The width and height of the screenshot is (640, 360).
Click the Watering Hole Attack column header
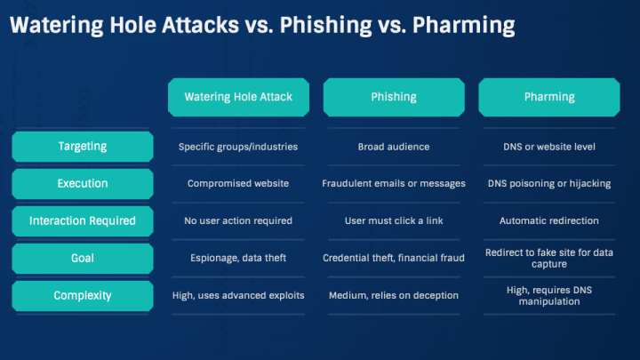(238, 97)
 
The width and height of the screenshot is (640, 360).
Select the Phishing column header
(394, 97)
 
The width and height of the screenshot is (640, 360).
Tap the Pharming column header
(549, 97)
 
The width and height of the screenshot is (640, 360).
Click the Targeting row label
(83, 147)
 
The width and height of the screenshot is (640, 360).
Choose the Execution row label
(83, 184)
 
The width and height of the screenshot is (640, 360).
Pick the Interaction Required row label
(83, 221)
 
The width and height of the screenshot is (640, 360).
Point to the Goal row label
(83, 259)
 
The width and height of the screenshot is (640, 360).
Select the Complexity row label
(83, 295)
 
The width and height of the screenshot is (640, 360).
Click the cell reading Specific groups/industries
(238, 147)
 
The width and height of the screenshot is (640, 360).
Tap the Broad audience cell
(394, 147)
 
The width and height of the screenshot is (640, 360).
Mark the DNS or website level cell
(549, 147)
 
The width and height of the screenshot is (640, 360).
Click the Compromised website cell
(238, 184)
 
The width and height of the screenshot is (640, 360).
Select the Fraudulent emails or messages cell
(394, 184)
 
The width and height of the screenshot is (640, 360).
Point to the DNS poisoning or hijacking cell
(549, 184)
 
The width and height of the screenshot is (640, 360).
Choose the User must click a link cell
(394, 220)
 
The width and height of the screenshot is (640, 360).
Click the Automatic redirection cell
(549, 220)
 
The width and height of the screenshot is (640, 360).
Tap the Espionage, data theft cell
(238, 258)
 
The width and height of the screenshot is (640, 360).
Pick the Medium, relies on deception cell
(394, 295)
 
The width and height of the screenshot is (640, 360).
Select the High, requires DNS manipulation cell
(549, 296)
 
